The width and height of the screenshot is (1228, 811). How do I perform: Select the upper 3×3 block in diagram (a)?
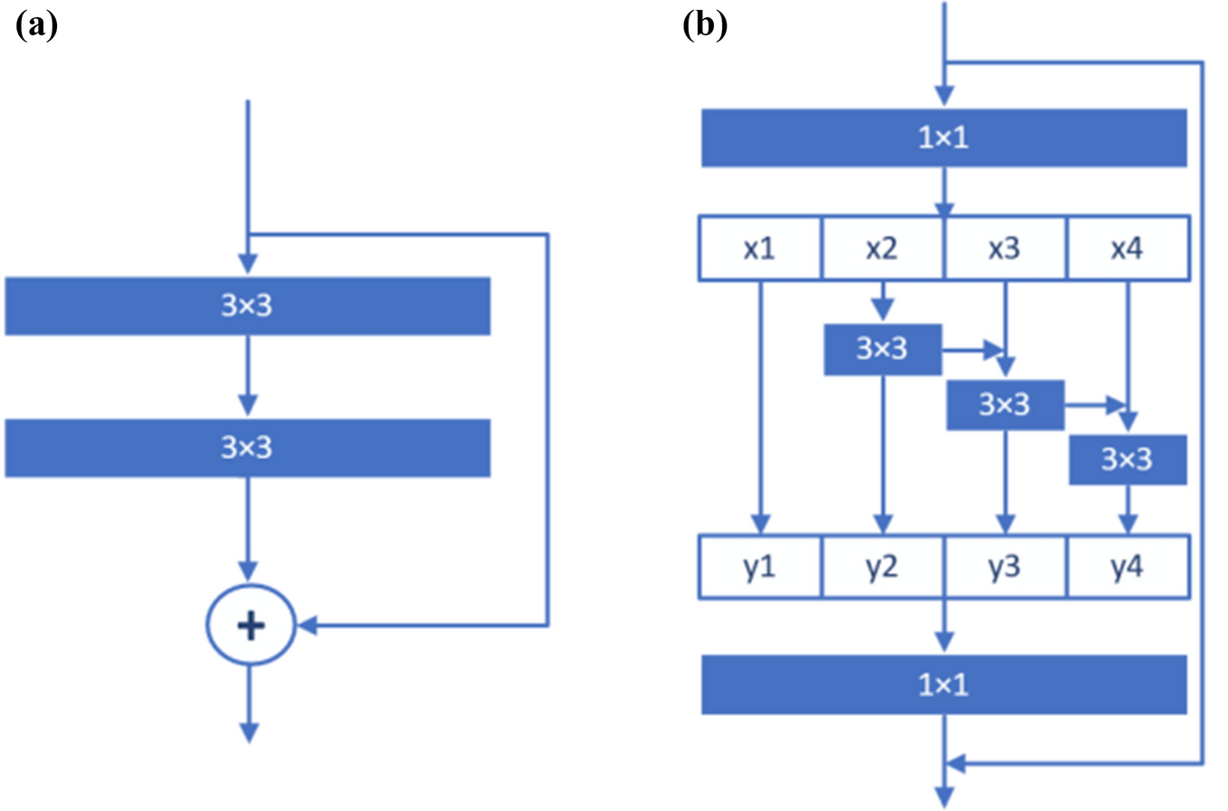tap(247, 307)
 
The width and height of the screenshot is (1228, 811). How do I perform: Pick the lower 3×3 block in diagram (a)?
tap(247, 448)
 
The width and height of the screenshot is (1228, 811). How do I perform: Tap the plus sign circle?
tap(251, 625)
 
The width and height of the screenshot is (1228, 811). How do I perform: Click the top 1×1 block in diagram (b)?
tap(944, 138)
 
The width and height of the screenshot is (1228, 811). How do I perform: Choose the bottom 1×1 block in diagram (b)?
tap(944, 684)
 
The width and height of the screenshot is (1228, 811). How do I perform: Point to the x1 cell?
tap(760, 248)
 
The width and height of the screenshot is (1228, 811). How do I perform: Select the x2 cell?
tap(883, 248)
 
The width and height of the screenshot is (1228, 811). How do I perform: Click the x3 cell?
tap(1005, 248)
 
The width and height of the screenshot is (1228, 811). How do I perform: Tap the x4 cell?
tap(1127, 248)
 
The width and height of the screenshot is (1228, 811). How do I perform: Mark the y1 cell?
tap(760, 568)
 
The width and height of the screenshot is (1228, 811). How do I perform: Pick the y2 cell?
tap(883, 568)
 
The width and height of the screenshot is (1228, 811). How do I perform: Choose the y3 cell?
tap(1005, 568)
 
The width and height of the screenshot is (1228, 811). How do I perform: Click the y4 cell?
tap(1127, 568)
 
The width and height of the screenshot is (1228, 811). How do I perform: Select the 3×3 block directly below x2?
tap(882, 349)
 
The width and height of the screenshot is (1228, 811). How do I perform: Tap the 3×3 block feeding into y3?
tap(1004, 405)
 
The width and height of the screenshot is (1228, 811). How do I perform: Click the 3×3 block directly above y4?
tap(1128, 460)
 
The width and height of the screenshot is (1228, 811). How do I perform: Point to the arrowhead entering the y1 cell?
tap(760, 525)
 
